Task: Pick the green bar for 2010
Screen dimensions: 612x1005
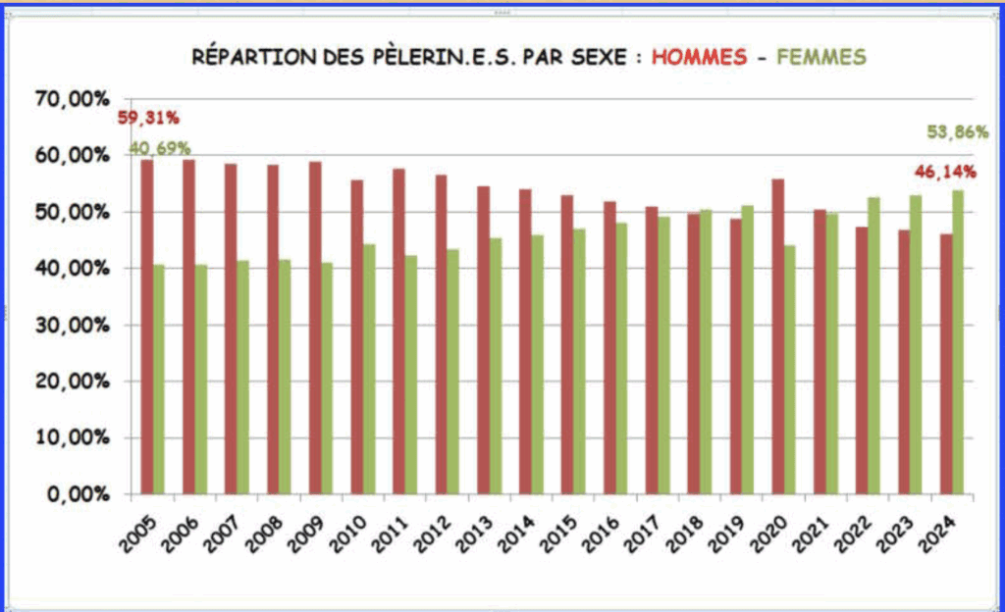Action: coord(369,369)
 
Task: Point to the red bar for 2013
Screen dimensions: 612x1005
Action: coord(483,339)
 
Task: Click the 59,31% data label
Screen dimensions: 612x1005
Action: coord(148,119)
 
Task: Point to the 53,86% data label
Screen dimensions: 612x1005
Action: coord(957,132)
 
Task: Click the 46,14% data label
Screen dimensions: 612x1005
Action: coord(945,172)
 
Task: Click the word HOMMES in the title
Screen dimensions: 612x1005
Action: coord(698,57)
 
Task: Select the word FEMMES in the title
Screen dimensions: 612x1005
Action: coord(820,57)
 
